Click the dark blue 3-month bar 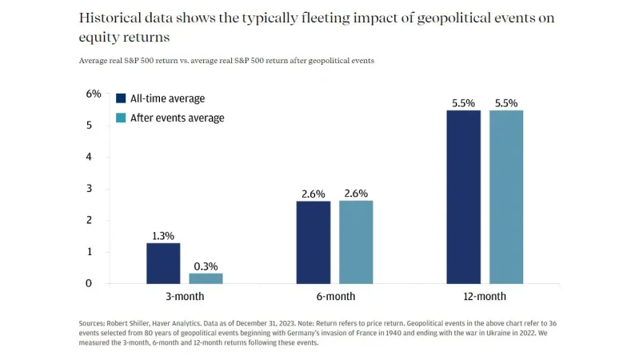162,263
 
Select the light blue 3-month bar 206,278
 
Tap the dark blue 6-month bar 313,242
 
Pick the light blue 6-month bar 356,242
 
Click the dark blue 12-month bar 463,197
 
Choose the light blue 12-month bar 506,197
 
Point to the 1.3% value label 163,235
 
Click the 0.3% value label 206,266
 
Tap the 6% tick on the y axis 94,94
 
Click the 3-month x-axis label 184,296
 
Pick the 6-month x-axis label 334,296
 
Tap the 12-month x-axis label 485,296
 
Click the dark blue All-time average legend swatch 121,98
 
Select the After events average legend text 177,118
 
